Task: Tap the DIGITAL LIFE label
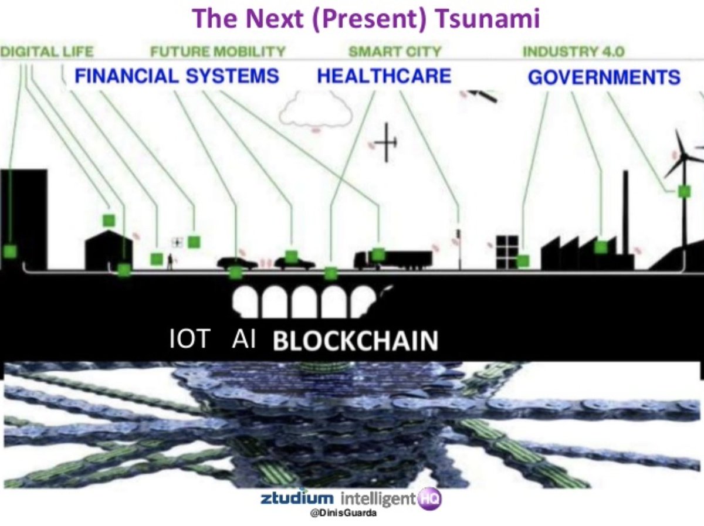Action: (x=46, y=52)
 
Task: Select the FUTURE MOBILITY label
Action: (x=218, y=52)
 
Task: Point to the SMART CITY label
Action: (x=394, y=52)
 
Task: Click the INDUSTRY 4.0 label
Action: (x=573, y=52)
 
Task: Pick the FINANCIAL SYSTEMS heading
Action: (x=177, y=76)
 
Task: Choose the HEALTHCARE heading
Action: (x=384, y=76)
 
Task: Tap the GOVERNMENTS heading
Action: (x=604, y=77)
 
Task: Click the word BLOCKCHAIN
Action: (x=356, y=341)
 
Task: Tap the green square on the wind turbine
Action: (x=683, y=191)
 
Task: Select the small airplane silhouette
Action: (x=385, y=142)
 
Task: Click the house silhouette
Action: (x=109, y=249)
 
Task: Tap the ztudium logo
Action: (x=297, y=500)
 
